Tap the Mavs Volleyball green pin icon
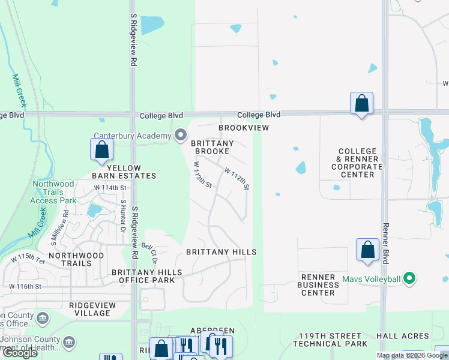pos(409,278)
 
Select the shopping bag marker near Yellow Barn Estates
pos(101,149)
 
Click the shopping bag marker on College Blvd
pos(361,103)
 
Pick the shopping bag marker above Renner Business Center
pos(367,250)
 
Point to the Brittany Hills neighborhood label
pos(221,253)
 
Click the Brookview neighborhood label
pos(243,128)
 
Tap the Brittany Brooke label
pos(212,148)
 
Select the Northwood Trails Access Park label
pos(54,192)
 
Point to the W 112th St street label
pos(237,179)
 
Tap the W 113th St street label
pos(203,175)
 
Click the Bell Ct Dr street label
pos(149,253)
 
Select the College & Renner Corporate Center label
pos(357,163)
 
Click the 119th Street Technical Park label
pos(327,340)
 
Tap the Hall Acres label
pos(411,337)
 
